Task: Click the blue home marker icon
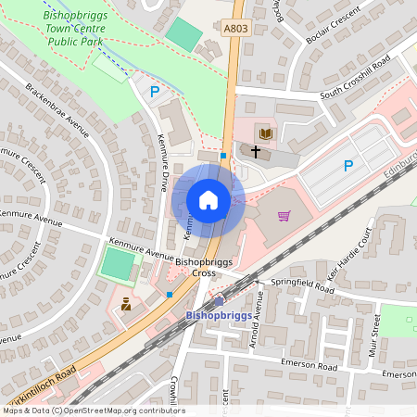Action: (208, 199)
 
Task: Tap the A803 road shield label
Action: (236, 29)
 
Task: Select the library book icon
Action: (265, 134)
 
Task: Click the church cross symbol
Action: (255, 150)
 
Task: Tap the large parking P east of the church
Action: (348, 166)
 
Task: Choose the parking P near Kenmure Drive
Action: (155, 91)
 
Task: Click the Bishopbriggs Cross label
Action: (196, 268)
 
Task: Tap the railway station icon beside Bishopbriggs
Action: (219, 301)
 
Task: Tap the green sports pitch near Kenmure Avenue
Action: (117, 267)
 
